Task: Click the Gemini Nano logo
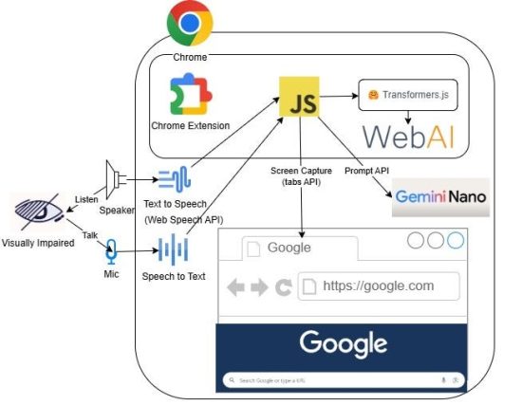click(x=440, y=197)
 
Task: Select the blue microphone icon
click(x=111, y=252)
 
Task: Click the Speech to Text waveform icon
click(x=174, y=251)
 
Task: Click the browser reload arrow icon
click(x=283, y=286)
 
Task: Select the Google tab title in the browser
click(x=289, y=248)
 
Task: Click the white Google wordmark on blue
click(x=343, y=343)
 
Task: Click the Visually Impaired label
click(x=39, y=242)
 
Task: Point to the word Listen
click(x=87, y=199)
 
